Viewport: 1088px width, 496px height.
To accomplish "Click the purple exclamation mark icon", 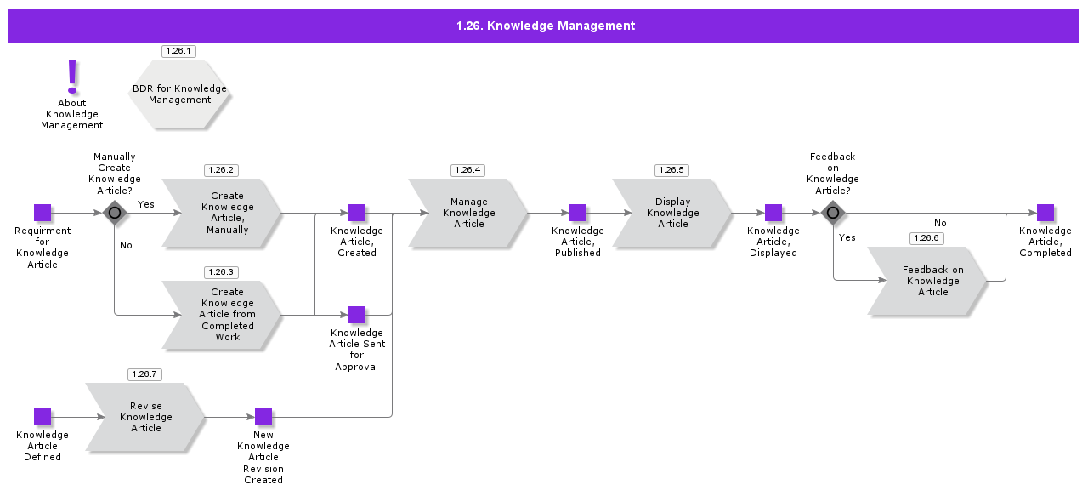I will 72,77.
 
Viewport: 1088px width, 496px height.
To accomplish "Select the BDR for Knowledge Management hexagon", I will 179,94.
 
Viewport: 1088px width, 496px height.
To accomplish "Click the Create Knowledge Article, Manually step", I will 223,214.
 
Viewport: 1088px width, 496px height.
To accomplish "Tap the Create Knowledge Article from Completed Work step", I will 223,315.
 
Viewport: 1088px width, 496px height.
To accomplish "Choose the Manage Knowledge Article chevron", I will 468,214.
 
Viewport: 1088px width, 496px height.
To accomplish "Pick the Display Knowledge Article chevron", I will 672,214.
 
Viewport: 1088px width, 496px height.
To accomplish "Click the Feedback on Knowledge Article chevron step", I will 928,281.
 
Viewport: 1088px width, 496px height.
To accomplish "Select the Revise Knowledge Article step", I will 146,417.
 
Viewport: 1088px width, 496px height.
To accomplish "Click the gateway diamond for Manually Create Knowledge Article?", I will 115,213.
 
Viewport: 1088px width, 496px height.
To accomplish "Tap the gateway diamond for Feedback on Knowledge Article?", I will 833,213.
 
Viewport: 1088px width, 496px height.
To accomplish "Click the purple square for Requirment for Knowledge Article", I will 42,213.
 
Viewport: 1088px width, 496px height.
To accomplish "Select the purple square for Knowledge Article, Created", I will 357,213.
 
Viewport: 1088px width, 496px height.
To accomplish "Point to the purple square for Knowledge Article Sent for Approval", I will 357,315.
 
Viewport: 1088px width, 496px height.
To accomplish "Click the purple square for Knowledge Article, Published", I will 578,213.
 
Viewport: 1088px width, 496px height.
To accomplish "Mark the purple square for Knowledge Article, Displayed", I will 773,213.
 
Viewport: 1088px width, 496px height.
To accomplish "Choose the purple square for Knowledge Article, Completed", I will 1045,213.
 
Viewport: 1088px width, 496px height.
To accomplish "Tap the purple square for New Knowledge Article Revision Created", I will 263,417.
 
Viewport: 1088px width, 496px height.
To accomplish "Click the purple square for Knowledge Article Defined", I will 42,417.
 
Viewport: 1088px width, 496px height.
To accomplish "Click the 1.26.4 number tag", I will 467,170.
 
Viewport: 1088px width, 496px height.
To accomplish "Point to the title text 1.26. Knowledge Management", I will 545,26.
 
